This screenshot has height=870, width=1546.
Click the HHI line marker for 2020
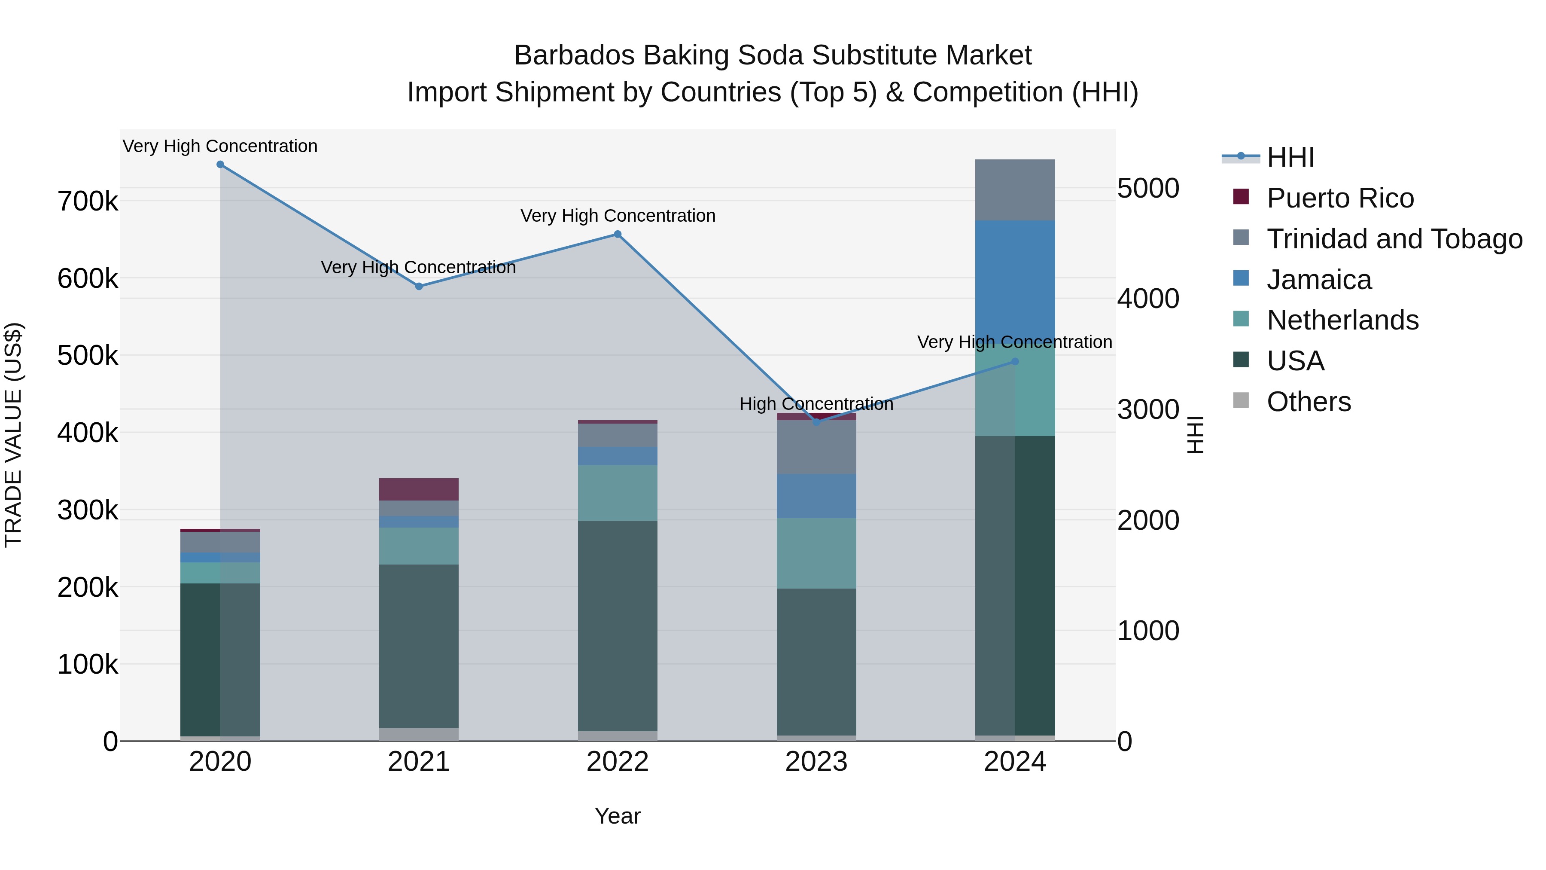point(220,165)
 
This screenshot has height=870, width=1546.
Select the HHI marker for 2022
point(618,235)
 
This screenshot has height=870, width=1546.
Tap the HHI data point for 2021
point(419,287)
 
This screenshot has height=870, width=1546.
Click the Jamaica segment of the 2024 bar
point(1015,276)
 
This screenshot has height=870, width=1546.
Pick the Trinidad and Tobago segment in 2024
point(1015,190)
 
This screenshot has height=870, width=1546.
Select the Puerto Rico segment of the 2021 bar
point(419,489)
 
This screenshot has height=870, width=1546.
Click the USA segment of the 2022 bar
point(618,624)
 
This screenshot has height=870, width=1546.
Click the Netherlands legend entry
point(1342,320)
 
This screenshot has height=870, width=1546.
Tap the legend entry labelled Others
point(1309,402)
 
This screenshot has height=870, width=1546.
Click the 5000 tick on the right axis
point(1148,189)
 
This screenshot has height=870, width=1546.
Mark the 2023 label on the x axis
point(816,762)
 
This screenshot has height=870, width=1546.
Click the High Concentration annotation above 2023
point(816,404)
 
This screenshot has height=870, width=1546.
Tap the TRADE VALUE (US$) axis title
point(13,435)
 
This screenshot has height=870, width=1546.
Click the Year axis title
point(618,816)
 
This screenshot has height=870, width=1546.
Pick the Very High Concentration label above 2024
point(1014,342)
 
